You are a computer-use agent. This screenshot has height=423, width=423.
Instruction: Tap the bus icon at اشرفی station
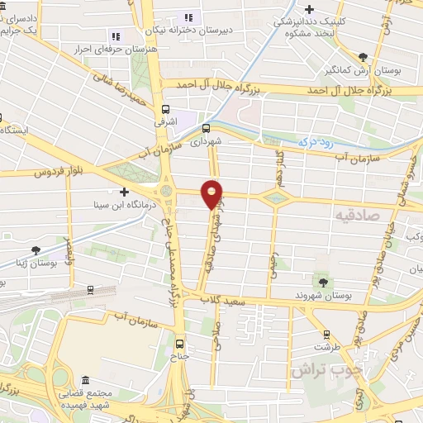(166, 109)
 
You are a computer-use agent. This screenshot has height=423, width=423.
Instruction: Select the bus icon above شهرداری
(206, 128)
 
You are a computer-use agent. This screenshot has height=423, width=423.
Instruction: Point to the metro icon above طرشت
(326, 335)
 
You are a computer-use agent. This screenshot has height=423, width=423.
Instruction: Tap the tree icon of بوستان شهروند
(323, 283)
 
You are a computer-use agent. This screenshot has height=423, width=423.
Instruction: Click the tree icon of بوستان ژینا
(36, 250)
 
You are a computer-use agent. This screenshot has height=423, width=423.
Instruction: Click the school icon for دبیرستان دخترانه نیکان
(188, 17)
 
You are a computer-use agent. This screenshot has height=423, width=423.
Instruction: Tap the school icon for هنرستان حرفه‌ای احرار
(116, 36)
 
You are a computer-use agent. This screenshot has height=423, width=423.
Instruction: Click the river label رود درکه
(317, 142)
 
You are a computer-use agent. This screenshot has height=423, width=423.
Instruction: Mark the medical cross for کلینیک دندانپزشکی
(308, 10)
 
